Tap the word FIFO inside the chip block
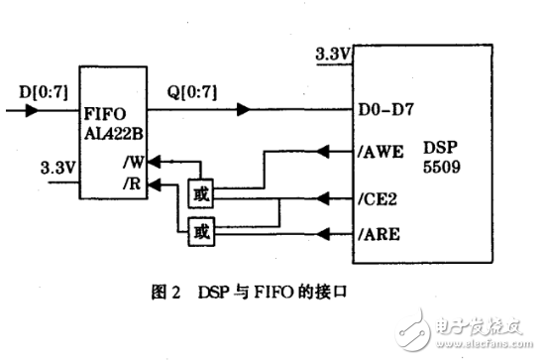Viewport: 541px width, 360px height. tap(103, 119)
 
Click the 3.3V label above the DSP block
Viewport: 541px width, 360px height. tap(330, 55)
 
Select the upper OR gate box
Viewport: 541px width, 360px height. tap(199, 191)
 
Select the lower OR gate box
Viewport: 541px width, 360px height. tap(199, 233)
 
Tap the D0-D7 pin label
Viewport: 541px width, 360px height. tap(380, 112)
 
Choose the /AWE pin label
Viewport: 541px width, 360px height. tap(381, 154)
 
